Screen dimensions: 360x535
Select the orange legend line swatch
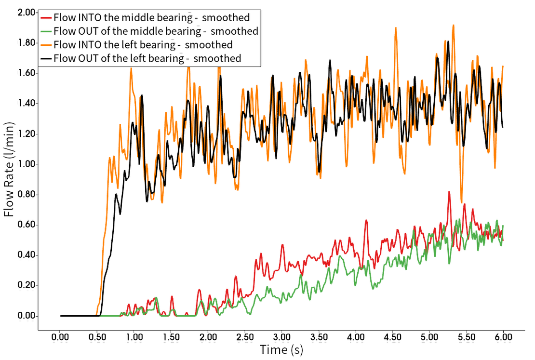(47, 45)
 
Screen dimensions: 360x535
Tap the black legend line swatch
(47, 59)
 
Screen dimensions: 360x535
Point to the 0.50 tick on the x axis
(98, 335)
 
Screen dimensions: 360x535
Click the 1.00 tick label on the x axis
(135, 335)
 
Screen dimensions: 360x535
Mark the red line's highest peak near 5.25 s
(449, 191)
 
